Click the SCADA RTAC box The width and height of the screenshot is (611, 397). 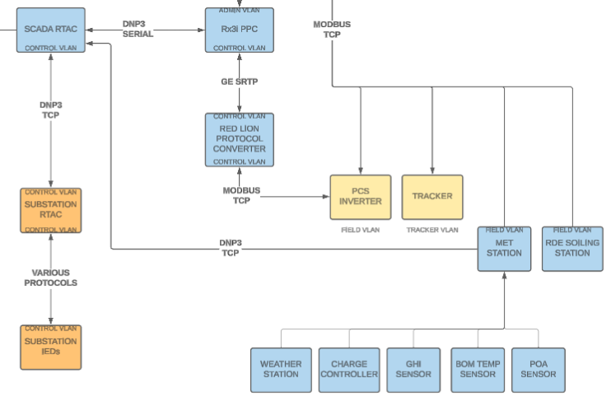[51, 30]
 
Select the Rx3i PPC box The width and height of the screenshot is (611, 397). [240, 30]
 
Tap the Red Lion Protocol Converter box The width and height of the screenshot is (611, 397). [240, 140]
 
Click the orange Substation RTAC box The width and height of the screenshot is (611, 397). [51, 210]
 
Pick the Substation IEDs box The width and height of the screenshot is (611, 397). [51, 347]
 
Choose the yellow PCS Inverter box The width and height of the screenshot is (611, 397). [361, 197]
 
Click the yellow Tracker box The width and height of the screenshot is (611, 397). [432, 197]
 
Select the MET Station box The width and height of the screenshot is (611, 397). [504, 249]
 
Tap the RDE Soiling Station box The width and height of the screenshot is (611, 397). [572, 249]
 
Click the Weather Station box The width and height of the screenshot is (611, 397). [281, 370]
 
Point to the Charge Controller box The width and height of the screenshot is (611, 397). [349, 370]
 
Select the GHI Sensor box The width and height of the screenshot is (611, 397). [413, 370]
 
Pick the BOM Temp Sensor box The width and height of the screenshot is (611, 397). [478, 370]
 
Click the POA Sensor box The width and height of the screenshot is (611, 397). [539, 370]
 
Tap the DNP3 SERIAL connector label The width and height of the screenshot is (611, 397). [138, 29]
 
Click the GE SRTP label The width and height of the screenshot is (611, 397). [240, 82]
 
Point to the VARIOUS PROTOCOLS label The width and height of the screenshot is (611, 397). [51, 278]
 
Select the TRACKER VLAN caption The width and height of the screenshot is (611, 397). [432, 230]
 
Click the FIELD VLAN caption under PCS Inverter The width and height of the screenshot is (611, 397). [361, 230]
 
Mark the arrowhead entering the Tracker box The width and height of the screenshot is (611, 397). [432, 170]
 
